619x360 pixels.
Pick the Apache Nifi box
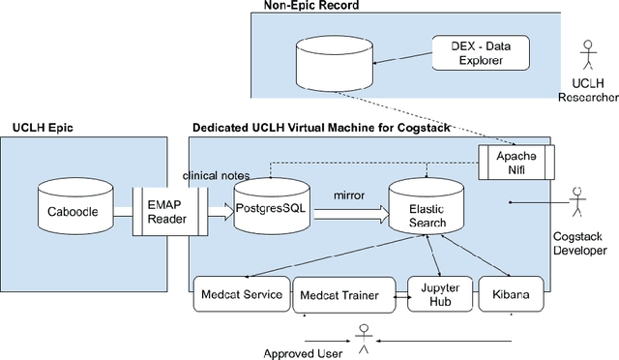tap(516, 162)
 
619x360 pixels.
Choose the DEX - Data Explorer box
tap(479, 51)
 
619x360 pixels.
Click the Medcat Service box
tap(240, 294)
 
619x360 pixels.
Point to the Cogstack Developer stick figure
tap(577, 200)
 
